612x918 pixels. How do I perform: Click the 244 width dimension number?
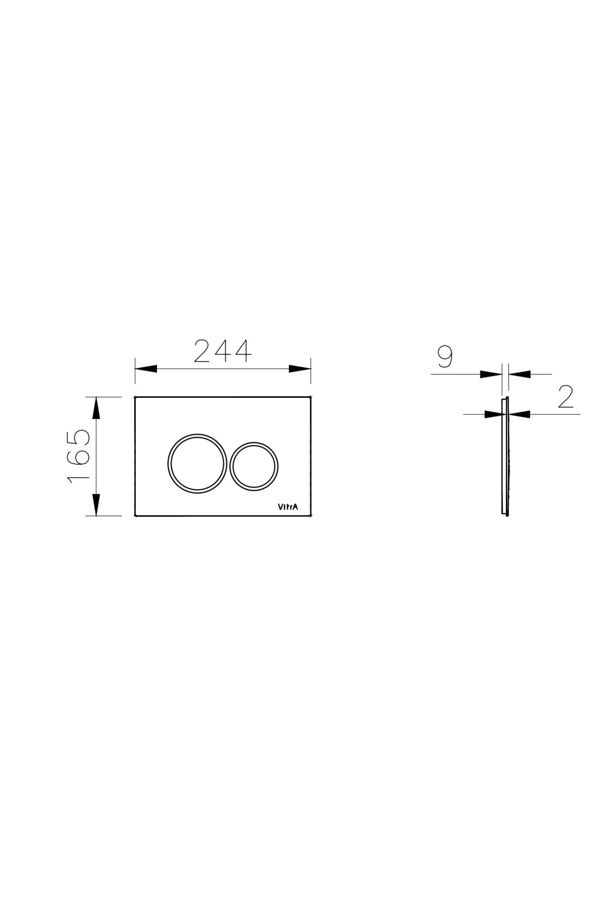click(x=223, y=351)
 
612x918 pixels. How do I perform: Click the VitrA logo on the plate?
click(x=288, y=506)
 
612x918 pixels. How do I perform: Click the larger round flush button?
click(x=197, y=463)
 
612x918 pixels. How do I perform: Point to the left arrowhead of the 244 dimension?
click(x=146, y=369)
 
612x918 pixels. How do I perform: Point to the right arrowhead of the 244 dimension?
click(x=299, y=369)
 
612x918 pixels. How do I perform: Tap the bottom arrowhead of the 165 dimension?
click(x=95, y=504)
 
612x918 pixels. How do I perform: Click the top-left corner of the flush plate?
click(x=135, y=397)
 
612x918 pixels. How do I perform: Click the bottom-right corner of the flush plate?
click(x=311, y=516)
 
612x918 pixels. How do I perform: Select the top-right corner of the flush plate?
click(x=311, y=397)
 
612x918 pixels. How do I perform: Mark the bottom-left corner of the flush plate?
click(x=135, y=516)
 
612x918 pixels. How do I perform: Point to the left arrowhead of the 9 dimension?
click(x=491, y=374)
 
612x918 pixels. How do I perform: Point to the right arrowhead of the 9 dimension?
click(x=519, y=374)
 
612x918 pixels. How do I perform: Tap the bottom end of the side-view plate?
click(x=505, y=515)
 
